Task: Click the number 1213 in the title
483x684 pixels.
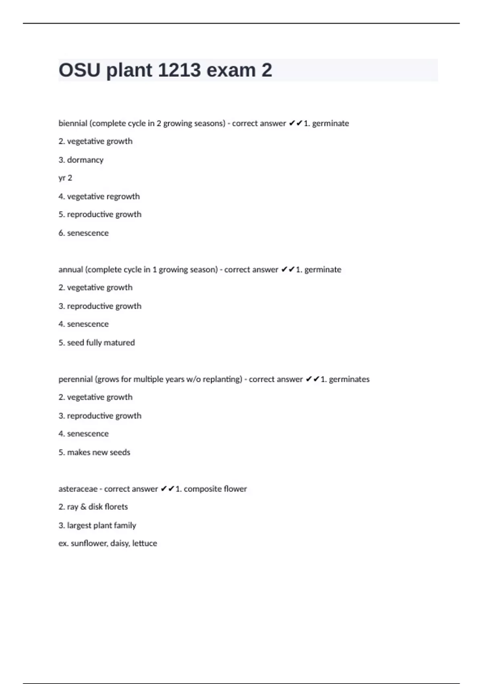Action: pos(179,70)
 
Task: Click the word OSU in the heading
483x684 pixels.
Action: pos(79,70)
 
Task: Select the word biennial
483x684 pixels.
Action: pos(73,124)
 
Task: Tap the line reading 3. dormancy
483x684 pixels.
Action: pos(81,160)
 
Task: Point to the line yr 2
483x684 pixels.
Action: pos(65,178)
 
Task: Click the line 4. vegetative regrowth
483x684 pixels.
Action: pos(99,196)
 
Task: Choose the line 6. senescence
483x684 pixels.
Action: pos(83,233)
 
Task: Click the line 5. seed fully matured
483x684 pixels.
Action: pos(97,342)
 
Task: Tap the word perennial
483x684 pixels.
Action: pos(75,379)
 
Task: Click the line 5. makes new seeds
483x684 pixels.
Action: pos(94,452)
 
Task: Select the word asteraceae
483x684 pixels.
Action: pos(78,489)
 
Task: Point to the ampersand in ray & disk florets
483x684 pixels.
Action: pos(83,507)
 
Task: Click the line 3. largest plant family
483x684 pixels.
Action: pos(97,525)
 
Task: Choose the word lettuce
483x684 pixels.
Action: pos(144,543)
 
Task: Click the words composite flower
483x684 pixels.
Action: pos(215,489)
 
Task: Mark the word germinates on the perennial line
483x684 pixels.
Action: pos(349,379)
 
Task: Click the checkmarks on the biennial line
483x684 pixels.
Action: pos(295,123)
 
